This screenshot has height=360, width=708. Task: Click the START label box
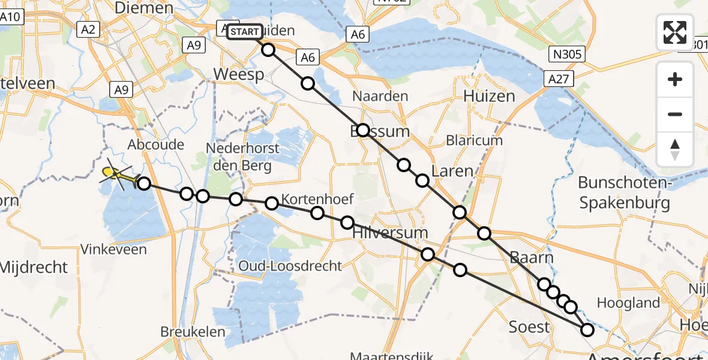(244, 31)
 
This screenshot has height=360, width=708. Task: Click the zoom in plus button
(675, 80)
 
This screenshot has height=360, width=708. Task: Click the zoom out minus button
(675, 114)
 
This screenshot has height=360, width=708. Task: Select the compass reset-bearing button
(675, 149)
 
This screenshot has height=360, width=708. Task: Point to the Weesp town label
(239, 74)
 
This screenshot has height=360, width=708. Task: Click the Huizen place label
(489, 96)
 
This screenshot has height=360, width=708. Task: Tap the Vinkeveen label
(113, 249)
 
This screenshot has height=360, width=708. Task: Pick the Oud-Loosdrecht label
(290, 266)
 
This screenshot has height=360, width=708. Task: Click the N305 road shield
(566, 55)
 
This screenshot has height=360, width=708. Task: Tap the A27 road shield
(560, 79)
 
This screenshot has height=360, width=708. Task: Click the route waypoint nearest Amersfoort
(587, 329)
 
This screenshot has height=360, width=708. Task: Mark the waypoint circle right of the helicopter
(143, 182)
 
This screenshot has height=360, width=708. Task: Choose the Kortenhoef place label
(317, 199)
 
